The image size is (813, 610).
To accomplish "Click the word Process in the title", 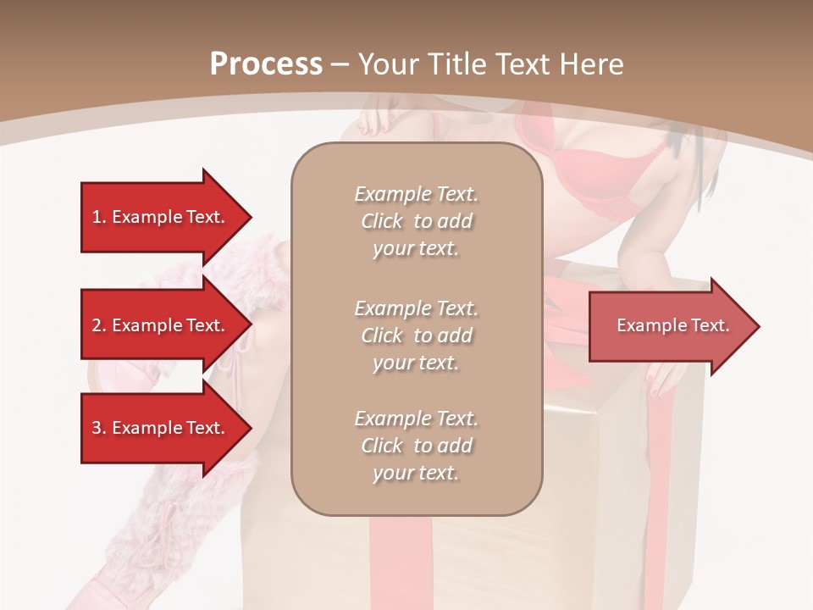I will pos(266,64).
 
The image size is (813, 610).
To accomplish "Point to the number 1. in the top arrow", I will pos(99,217).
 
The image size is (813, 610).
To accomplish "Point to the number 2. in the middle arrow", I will pos(99,325).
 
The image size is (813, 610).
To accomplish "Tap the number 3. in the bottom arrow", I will pos(99,428).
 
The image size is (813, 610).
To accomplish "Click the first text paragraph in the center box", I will pos(417,221).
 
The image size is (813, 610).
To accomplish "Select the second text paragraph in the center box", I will pos(417,335).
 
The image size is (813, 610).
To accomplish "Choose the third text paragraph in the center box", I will pos(417,446).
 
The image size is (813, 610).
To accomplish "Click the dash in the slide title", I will pos(340,64).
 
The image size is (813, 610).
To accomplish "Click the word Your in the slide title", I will pos(386,64).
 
